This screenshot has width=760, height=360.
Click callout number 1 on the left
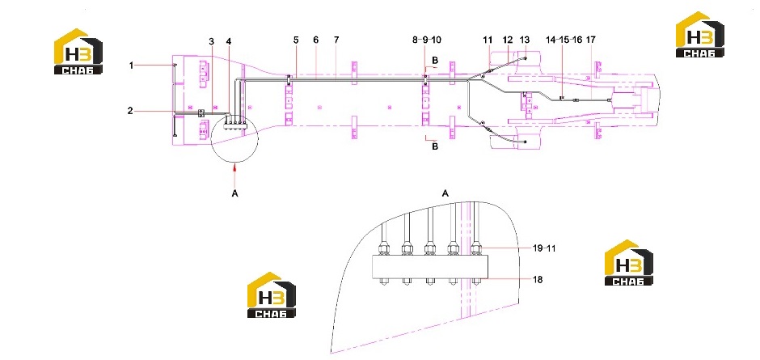click(131, 65)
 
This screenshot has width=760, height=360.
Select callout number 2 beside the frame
click(130, 111)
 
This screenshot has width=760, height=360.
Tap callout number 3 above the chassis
click(211, 41)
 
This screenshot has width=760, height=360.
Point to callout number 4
click(229, 41)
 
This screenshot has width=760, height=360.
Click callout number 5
click(296, 40)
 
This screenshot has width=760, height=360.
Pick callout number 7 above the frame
click(336, 40)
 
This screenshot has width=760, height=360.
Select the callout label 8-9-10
click(427, 40)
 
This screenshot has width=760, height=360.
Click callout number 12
click(508, 40)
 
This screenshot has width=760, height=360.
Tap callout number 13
click(525, 40)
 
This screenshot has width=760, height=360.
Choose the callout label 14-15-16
click(564, 40)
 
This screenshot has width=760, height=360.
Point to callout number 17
click(590, 40)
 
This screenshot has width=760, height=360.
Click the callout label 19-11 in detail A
click(544, 248)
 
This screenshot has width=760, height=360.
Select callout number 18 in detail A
click(537, 279)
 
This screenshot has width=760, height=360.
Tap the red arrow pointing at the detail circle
click(235, 168)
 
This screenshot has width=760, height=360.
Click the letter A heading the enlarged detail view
click(445, 193)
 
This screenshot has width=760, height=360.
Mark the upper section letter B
click(435, 61)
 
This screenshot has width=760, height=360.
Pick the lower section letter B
click(435, 146)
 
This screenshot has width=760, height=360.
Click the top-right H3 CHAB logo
click(700, 35)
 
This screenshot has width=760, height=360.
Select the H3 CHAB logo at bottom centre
click(272, 295)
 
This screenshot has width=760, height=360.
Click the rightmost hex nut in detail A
click(477, 249)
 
